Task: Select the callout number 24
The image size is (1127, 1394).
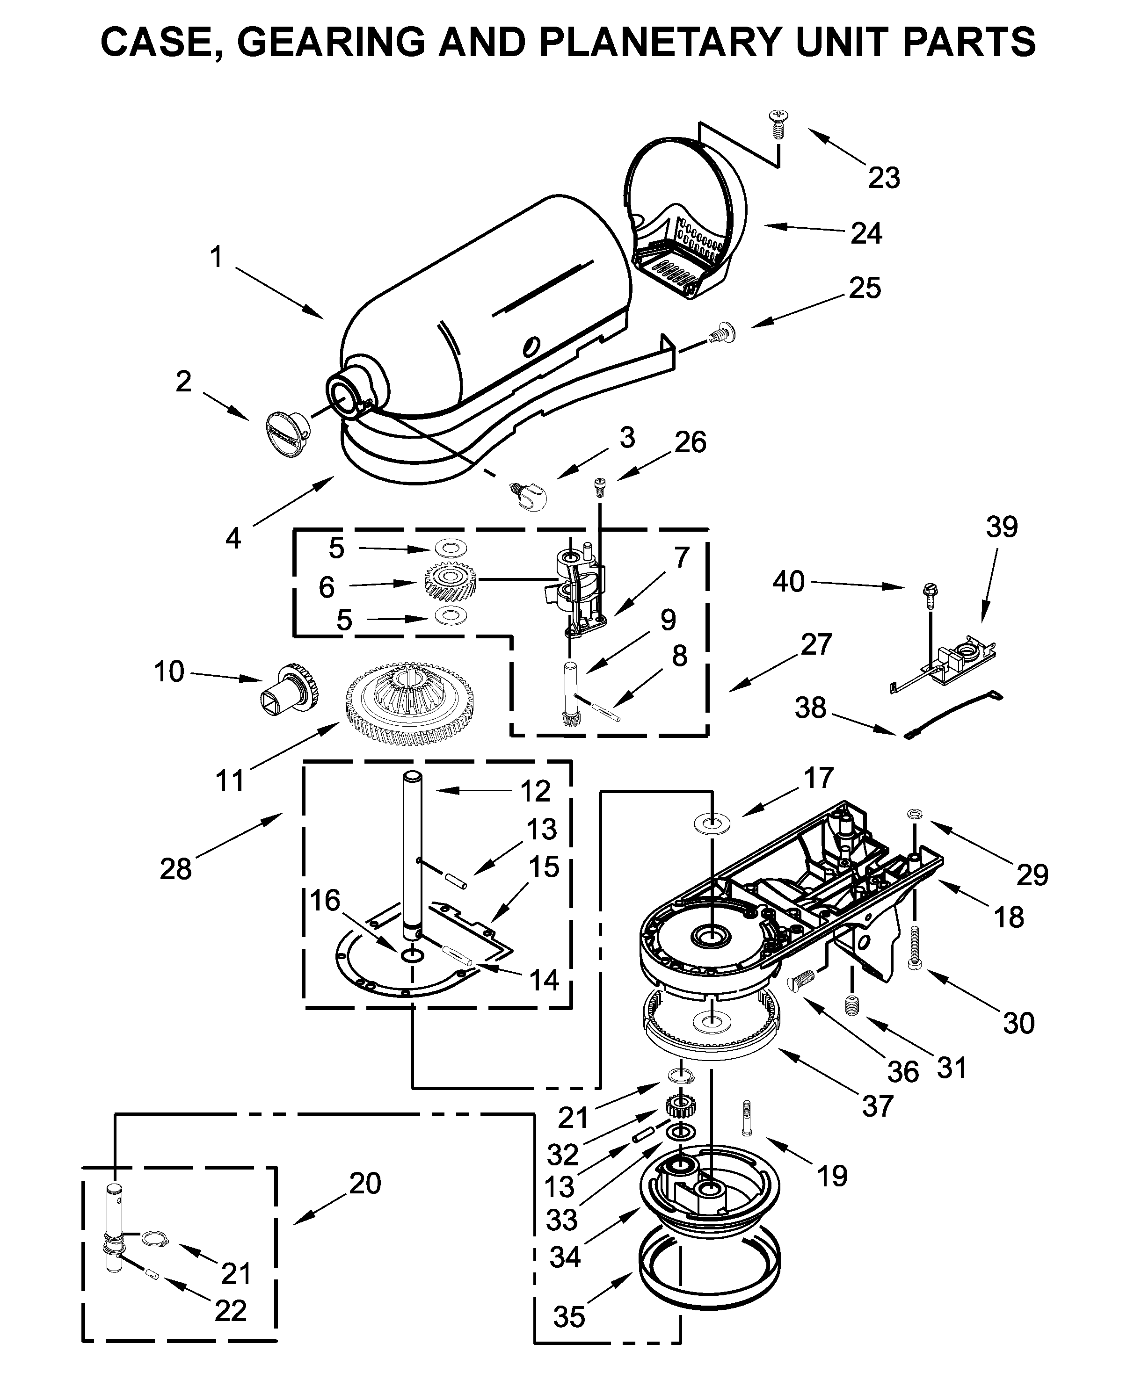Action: pos(866,234)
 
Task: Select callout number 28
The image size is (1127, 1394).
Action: pos(175,869)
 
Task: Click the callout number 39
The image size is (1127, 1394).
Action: pos(1001,527)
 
